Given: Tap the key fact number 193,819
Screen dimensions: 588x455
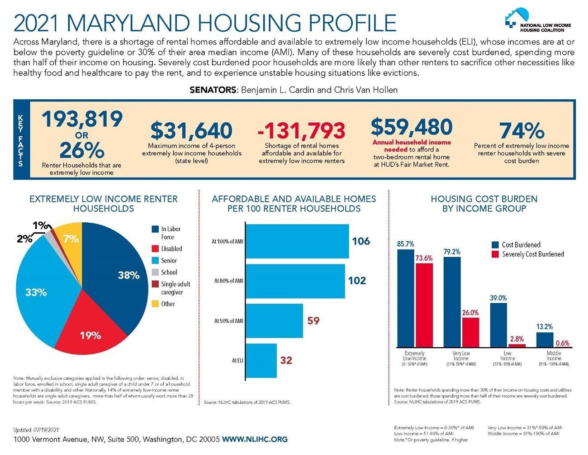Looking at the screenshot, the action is tap(82, 119).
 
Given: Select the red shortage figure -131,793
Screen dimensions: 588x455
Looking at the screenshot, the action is tap(301, 130).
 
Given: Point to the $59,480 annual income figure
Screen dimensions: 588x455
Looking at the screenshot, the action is tap(411, 127).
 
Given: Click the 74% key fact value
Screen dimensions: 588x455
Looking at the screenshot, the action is tap(521, 130).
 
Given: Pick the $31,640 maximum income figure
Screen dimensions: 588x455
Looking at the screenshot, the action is tap(191, 130).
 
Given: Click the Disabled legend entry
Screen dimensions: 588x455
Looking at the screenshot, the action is tap(167, 249).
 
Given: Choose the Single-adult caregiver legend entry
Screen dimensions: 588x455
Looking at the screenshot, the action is tap(171, 288).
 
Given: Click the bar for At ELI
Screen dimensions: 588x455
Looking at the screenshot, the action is tap(261, 360).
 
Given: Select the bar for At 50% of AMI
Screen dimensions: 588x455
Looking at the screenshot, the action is tap(275, 321).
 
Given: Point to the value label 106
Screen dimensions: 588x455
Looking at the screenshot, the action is tap(361, 241).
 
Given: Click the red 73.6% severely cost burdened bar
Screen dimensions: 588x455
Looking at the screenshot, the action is tap(424, 305).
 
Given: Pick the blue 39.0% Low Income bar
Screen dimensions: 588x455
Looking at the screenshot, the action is tap(498, 325).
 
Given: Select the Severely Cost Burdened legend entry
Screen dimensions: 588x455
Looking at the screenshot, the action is tap(528, 254).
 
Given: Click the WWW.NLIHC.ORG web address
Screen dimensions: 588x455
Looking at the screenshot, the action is tap(255, 439).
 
